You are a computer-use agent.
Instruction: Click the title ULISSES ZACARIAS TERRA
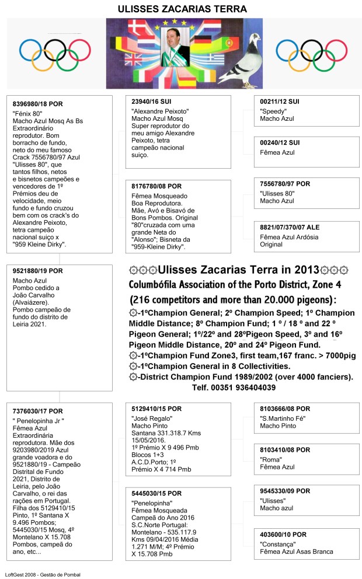point(182,9)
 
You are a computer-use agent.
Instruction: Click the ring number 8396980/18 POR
point(37,103)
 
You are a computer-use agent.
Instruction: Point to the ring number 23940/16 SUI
point(152,102)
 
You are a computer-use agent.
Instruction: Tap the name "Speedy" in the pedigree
point(273,110)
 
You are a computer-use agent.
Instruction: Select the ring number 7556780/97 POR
point(285,184)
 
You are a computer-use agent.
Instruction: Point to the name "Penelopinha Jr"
point(39,420)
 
